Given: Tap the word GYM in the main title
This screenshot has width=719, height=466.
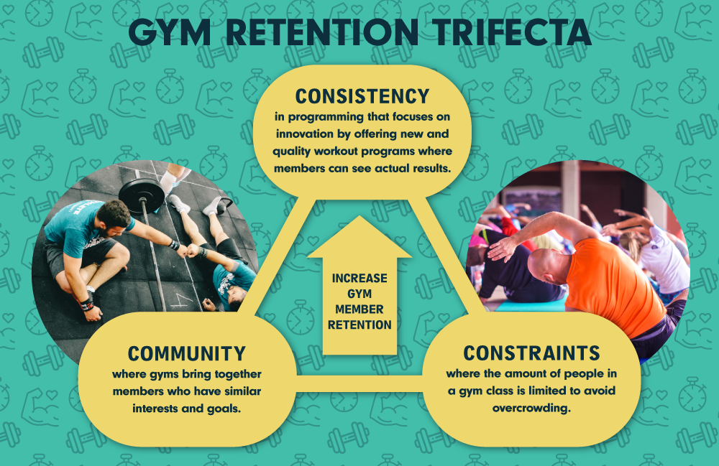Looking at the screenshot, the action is pyautogui.click(x=169, y=32).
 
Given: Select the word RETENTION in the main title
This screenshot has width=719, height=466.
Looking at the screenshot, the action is pyautogui.click(x=322, y=32).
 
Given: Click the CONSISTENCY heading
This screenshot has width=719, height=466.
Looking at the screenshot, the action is pyautogui.click(x=362, y=97).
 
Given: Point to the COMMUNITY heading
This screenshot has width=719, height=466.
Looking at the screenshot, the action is pyautogui.click(x=187, y=354).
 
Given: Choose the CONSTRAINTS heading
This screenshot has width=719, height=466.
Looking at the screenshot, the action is pyautogui.click(x=531, y=353).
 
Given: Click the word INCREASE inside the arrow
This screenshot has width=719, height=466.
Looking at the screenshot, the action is pyautogui.click(x=359, y=279).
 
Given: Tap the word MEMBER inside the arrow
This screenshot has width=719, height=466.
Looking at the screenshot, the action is pyautogui.click(x=359, y=309).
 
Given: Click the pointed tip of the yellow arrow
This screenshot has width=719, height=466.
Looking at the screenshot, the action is pyautogui.click(x=359, y=217).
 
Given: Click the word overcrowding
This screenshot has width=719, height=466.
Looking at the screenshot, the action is pyautogui.click(x=531, y=408).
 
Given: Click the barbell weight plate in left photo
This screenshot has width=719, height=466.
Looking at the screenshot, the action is pyautogui.click(x=142, y=195).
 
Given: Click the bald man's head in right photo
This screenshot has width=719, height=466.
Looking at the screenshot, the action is pyautogui.click(x=546, y=266).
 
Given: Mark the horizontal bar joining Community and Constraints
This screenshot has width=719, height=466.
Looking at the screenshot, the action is pyautogui.click(x=359, y=384).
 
